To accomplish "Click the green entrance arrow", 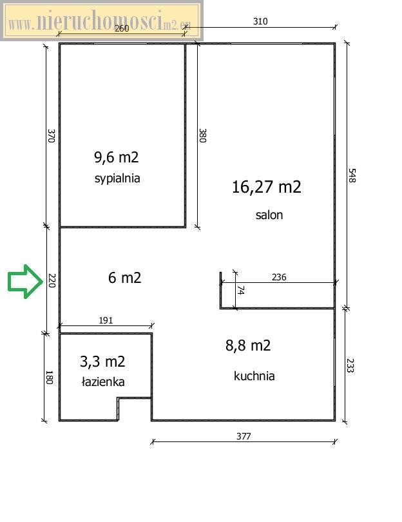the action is (x=25, y=282).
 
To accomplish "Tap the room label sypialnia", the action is (x=117, y=179).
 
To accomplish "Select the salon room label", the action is (x=269, y=215).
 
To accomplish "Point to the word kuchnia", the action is (x=254, y=376).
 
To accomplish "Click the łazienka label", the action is (x=103, y=382).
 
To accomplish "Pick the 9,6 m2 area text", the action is (x=117, y=157).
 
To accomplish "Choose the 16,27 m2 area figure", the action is (x=267, y=187).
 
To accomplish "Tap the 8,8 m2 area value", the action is (x=248, y=345).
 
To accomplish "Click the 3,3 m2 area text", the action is (x=102, y=362).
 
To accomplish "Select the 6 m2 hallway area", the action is (x=125, y=278).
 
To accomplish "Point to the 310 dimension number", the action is (x=260, y=21).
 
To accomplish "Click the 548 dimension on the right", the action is (x=352, y=175).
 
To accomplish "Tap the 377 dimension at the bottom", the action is (x=244, y=436).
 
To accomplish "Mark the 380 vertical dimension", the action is (x=202, y=135).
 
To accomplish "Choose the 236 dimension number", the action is (x=279, y=277).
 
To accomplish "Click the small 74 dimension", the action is (x=241, y=290).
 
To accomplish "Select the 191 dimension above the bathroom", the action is (x=106, y=320).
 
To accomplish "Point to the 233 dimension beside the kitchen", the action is (x=350, y=365).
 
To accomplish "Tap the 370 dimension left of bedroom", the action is (x=51, y=136).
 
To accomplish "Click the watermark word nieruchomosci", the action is (x=99, y=20).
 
